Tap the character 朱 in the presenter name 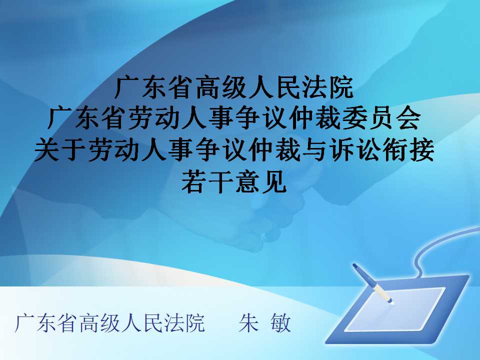tap(248, 322)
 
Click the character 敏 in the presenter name tap(280, 322)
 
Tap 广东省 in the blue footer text tap(45, 322)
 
